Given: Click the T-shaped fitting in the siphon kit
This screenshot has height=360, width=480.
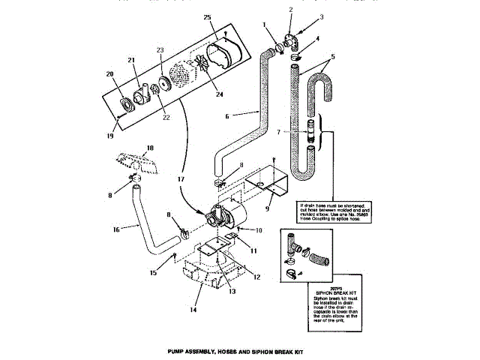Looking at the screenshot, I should tap(293, 244).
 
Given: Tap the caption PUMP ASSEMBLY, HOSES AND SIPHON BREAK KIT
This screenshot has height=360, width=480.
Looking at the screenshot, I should tap(238, 351).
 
